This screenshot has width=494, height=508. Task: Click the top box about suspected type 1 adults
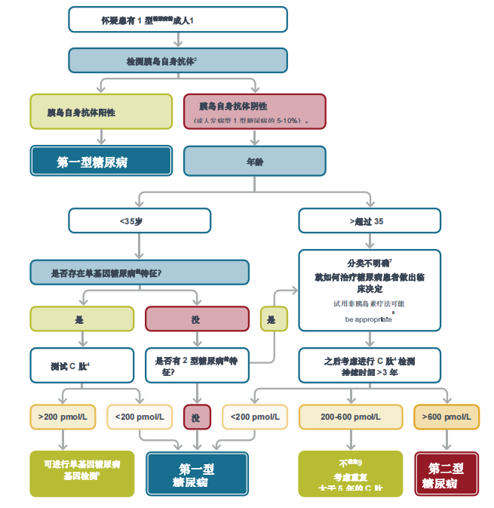178,20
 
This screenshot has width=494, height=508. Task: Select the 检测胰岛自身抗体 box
178,60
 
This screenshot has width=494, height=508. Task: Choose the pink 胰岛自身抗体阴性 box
255,112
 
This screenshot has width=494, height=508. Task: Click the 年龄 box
255,161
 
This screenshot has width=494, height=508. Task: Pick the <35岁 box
140,220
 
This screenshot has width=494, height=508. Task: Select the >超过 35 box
370,220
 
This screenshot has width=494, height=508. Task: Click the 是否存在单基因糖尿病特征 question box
140,272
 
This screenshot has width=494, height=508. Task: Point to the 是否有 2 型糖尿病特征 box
197,366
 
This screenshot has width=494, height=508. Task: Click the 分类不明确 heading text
370,263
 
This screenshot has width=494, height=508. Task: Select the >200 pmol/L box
63,417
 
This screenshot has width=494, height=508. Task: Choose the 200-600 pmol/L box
351,417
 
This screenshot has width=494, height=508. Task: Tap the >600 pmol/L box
446,417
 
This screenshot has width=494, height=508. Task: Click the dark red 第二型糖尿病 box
446,474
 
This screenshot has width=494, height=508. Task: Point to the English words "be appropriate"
368,319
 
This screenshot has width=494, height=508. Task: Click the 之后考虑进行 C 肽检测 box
370,366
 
